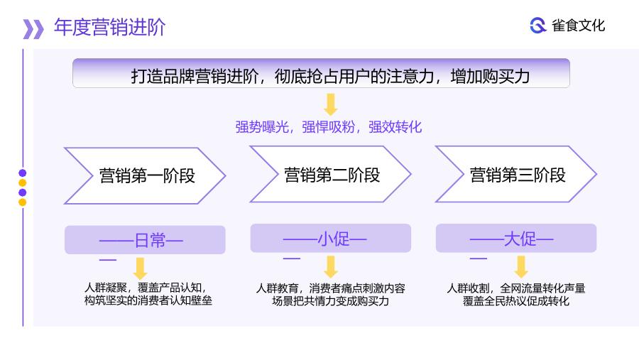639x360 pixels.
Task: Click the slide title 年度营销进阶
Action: click(x=109, y=28)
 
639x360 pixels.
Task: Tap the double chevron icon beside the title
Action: click(x=33, y=29)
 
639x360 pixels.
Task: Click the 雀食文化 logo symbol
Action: click(x=538, y=26)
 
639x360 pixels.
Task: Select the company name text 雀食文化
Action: click(x=578, y=26)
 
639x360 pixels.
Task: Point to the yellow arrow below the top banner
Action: click(x=330, y=104)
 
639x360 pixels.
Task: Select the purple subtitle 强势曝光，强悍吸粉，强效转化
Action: click(x=329, y=127)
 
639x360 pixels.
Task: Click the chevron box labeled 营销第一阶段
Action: click(x=145, y=175)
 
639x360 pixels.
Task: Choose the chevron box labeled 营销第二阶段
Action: click(x=330, y=174)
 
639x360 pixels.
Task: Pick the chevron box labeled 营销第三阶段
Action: click(x=516, y=174)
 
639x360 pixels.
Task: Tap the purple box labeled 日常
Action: click(x=145, y=240)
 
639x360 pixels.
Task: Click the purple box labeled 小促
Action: click(x=330, y=238)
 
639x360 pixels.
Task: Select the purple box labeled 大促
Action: click(x=516, y=238)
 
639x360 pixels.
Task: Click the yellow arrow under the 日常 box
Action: click(x=140, y=268)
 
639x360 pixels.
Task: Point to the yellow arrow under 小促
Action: click(x=330, y=267)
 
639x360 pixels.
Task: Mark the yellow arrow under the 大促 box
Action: click(x=521, y=267)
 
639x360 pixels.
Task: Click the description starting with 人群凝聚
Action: click(x=148, y=294)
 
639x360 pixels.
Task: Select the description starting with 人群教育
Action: click(x=330, y=295)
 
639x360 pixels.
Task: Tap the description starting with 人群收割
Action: click(x=516, y=295)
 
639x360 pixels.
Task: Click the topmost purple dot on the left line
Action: click(x=23, y=173)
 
